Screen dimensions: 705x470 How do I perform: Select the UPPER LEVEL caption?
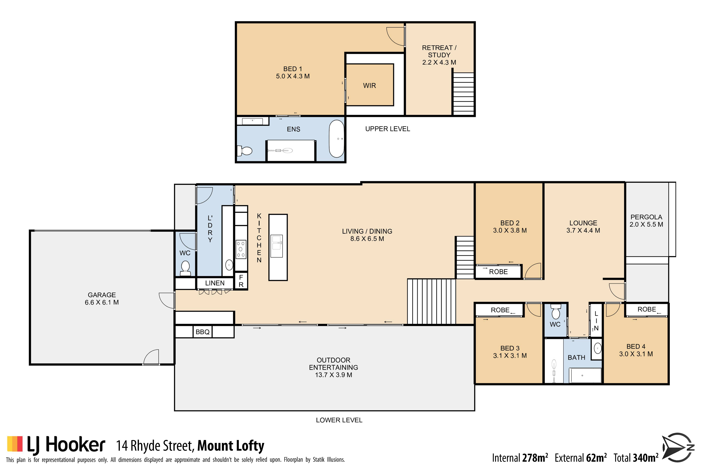pos(388,129)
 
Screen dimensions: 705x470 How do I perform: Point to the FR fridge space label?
pos(241,281)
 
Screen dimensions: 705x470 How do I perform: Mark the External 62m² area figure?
pos(581,458)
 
